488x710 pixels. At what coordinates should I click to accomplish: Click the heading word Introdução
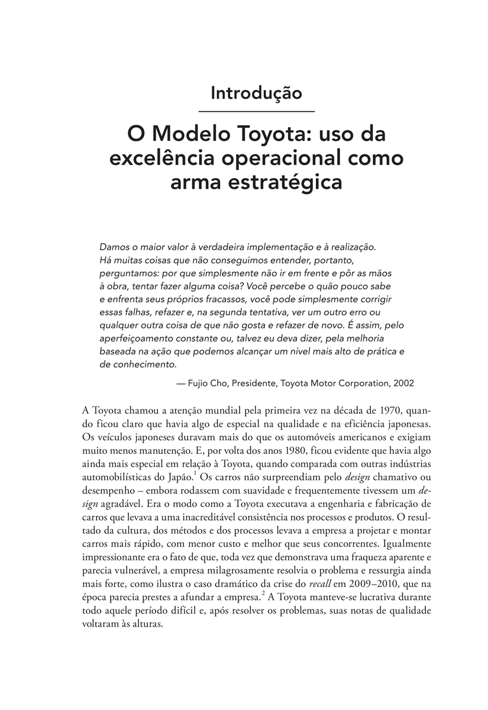point(256,93)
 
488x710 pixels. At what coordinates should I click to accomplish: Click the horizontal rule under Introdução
point(256,111)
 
